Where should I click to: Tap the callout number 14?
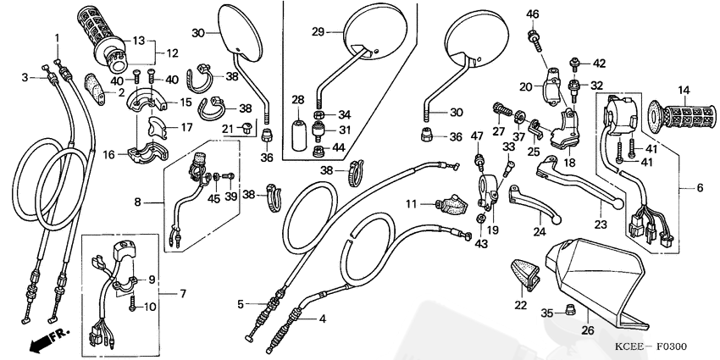(x=683, y=89)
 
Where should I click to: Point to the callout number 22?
(x=520, y=305)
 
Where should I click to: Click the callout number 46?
(x=532, y=14)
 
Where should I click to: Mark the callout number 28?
(x=297, y=100)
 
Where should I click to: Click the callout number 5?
(x=241, y=303)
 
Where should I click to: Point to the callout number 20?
(x=525, y=86)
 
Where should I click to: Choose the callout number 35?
(x=547, y=313)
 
